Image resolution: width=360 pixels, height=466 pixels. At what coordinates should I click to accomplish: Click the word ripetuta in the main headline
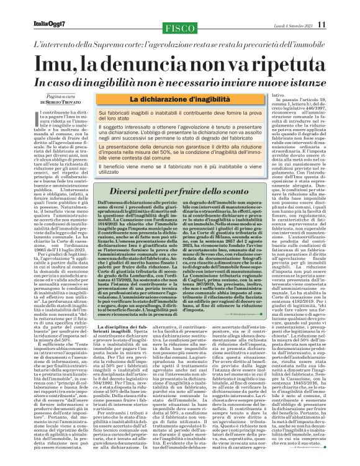(x=286, y=61)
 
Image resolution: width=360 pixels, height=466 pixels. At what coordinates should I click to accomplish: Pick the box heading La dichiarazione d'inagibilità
(x=175, y=99)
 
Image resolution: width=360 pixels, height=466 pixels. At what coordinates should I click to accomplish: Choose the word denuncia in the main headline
(x=168, y=61)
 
